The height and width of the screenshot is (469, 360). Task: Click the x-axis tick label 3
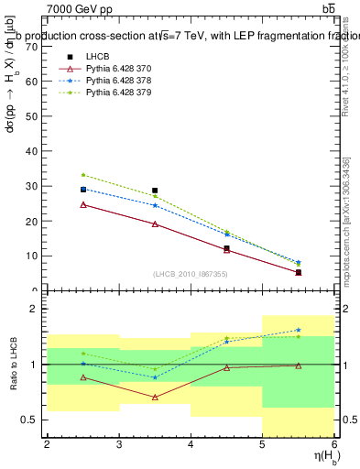tap(118, 445)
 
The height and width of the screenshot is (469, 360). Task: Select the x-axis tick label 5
tap(263, 445)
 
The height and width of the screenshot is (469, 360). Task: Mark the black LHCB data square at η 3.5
tap(155, 191)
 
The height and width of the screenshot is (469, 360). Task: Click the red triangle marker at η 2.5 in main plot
tap(82, 204)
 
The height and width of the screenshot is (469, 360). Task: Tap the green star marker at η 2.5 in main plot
tap(82, 174)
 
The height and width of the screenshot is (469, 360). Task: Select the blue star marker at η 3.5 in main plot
tap(155, 205)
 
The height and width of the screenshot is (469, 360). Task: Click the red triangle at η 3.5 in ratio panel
tap(155, 397)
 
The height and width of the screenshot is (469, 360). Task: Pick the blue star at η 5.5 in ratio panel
tap(299, 330)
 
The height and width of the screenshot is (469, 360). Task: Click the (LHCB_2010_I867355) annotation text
tap(190, 274)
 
